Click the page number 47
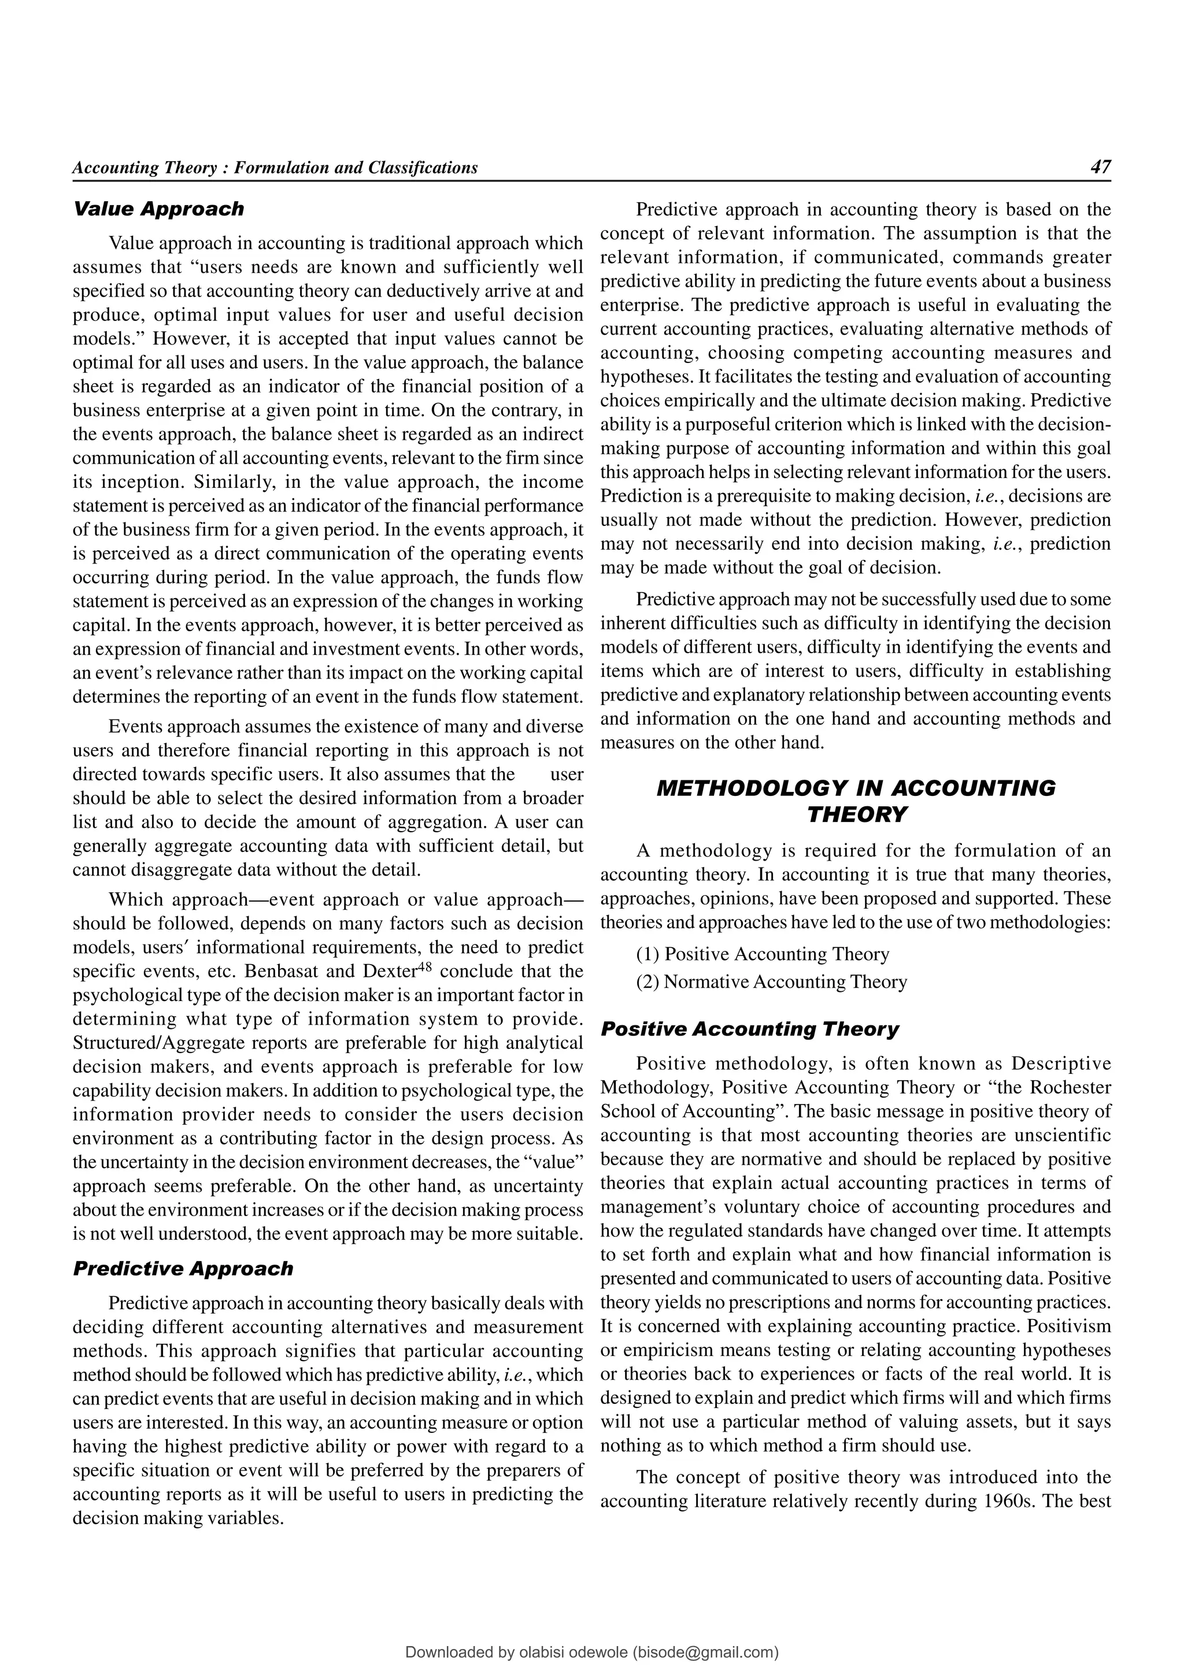[1100, 167]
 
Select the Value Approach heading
[158, 209]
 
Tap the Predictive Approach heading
[183, 1269]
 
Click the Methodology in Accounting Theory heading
[856, 801]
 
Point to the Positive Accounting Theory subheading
[749, 1029]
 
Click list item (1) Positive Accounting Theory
[763, 954]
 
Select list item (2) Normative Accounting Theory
[771, 982]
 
